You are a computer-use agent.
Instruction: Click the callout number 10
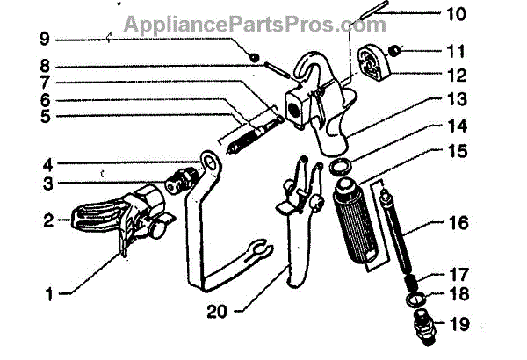tap(482, 15)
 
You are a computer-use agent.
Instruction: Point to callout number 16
tap(484, 224)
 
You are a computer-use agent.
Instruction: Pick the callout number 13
tap(482, 100)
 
